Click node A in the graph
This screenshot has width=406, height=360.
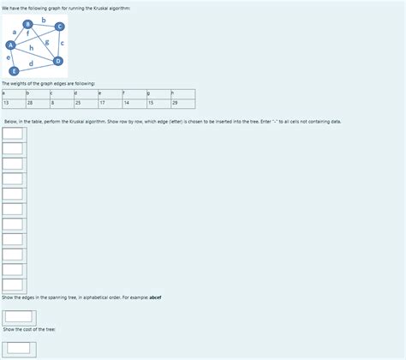tap(10, 44)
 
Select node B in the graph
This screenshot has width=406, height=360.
tap(28, 23)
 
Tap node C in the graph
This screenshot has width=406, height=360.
tap(59, 27)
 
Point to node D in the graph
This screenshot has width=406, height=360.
tap(58, 62)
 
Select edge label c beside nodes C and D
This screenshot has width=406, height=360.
tap(63, 43)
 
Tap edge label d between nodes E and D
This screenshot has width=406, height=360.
tap(32, 63)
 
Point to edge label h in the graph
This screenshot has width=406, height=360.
tap(32, 49)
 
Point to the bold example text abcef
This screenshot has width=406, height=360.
tap(155, 297)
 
